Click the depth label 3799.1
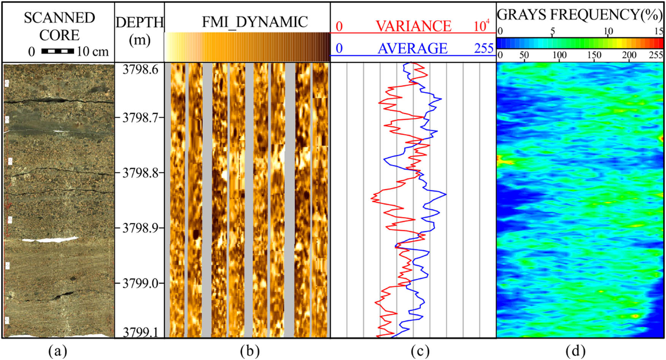[140, 333]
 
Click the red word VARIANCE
[413, 26]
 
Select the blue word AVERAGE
[413, 48]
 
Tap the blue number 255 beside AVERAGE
[483, 48]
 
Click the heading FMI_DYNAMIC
[254, 22]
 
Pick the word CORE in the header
[59, 35]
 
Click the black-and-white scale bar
[57, 51]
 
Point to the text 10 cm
[92, 51]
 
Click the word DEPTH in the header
[140, 22]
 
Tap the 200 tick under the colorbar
[629, 56]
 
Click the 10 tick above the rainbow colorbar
[608, 31]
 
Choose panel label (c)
[420, 351]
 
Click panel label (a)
[58, 351]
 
